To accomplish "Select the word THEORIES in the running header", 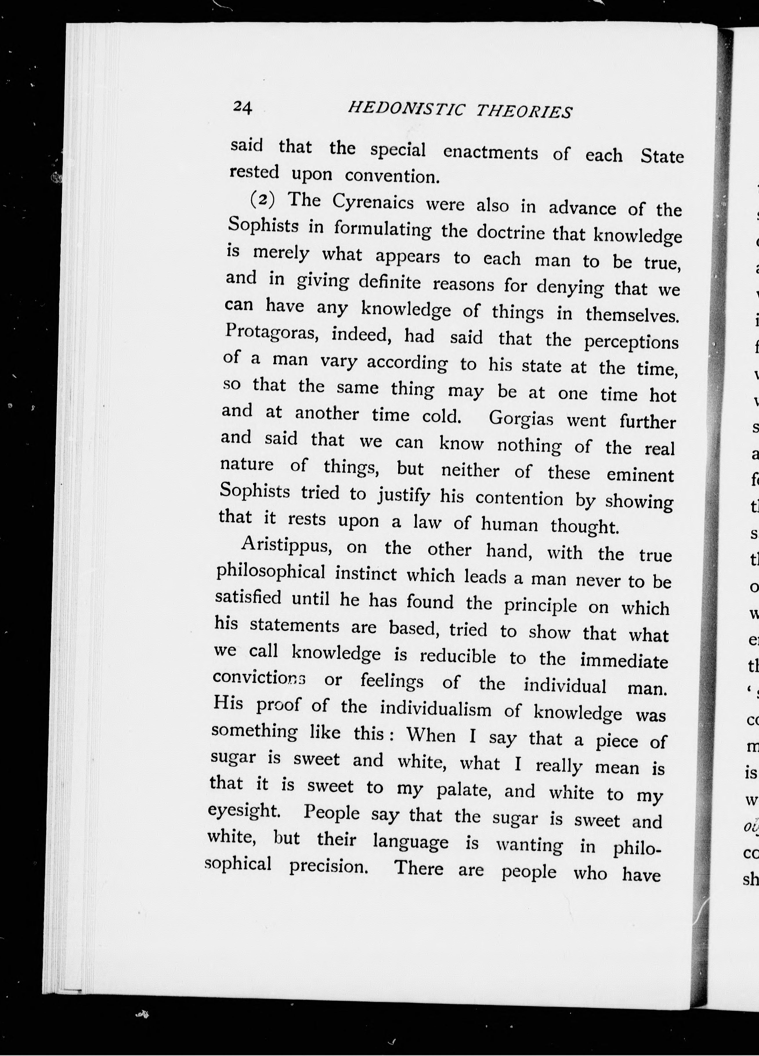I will click(x=524, y=112).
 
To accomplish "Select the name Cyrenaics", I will click(x=373, y=203).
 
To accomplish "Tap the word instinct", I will click(x=366, y=573).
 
